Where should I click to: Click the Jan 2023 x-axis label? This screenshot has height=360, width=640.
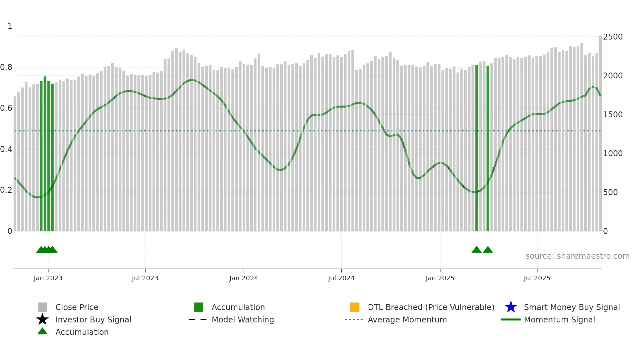pos(48,278)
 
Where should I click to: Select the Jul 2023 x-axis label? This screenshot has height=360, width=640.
pos(145,278)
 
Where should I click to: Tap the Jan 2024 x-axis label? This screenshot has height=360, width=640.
pos(244,278)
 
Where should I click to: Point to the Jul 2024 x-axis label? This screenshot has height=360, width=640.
pos(341,278)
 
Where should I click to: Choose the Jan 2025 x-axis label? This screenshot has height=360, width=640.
pos(440,278)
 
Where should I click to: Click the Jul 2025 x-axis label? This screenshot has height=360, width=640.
pos(537,278)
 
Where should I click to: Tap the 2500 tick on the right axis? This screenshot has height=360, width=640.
pos(613,37)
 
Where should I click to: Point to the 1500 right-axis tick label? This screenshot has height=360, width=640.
pos(613,115)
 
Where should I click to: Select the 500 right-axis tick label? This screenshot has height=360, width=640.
pos(610,192)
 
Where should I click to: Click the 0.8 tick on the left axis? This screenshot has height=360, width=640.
pos(6,67)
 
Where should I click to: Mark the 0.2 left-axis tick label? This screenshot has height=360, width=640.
pos(6,190)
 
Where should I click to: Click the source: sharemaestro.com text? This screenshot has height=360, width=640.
pos(577,256)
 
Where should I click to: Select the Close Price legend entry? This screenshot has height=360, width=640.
pos(77,307)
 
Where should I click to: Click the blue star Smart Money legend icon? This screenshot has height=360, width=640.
pos(511,307)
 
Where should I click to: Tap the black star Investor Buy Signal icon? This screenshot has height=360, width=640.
pos(42,319)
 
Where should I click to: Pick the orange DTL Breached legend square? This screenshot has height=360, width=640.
pos(355,307)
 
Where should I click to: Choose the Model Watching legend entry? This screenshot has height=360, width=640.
pos(243,319)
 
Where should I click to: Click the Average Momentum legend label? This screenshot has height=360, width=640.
pos(407,319)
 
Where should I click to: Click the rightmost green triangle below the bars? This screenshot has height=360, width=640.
pos(488,250)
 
